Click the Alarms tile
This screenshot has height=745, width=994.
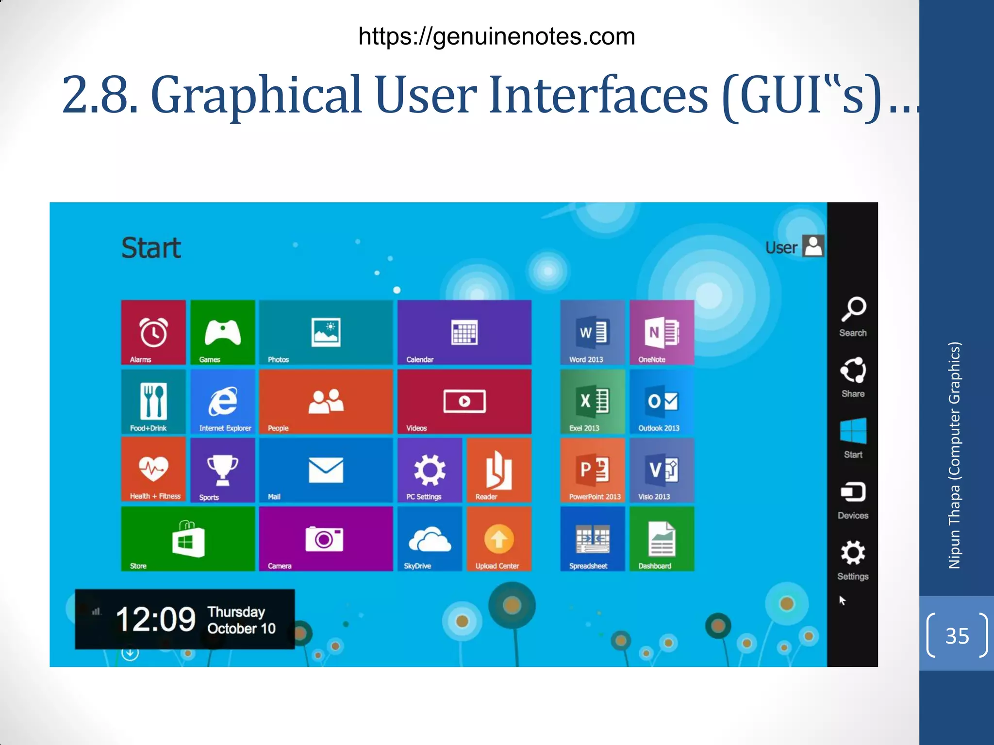pos(153,333)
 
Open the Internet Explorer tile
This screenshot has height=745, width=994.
pos(223,402)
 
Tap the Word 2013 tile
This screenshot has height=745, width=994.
pos(592,333)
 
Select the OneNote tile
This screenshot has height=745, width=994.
pos(662,333)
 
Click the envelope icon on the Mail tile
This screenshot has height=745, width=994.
pos(326,470)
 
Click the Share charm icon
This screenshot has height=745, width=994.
pos(853,371)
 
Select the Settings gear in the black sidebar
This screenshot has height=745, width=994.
pos(853,553)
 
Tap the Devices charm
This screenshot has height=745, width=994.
pos(853,500)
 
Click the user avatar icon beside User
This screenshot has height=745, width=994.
pos(813,246)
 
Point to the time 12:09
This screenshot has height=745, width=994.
pos(155,619)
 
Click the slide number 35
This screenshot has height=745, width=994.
pos(957,636)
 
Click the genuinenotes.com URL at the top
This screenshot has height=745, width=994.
pos(497,36)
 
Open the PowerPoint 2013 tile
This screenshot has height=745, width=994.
pos(592,470)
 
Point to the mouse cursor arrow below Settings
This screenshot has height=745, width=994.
pos(842,600)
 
